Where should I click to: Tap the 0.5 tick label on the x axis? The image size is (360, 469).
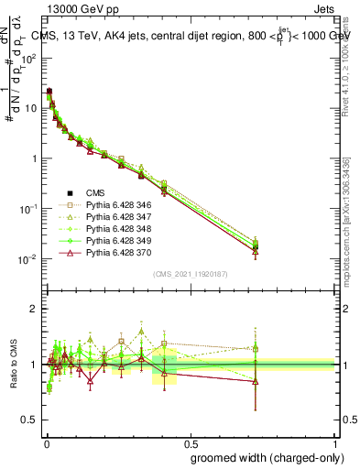191,442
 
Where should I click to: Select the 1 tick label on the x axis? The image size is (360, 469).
334,442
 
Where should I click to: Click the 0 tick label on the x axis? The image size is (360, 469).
47,442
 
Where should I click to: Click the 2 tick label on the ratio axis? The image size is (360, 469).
35,309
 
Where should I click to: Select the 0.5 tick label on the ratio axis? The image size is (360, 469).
30,420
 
